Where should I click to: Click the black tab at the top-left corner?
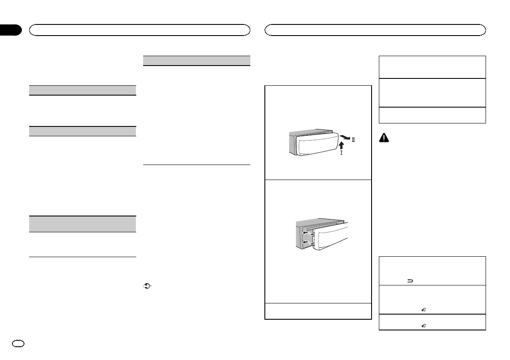[10, 30]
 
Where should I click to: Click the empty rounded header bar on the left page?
[139, 30]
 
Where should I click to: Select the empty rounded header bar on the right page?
[375, 30]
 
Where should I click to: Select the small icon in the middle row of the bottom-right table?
[423, 309]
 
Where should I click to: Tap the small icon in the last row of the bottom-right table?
[423, 326]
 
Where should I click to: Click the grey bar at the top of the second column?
[196, 60]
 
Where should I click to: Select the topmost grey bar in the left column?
[82, 90]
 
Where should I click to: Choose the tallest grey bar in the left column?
[82, 224]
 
